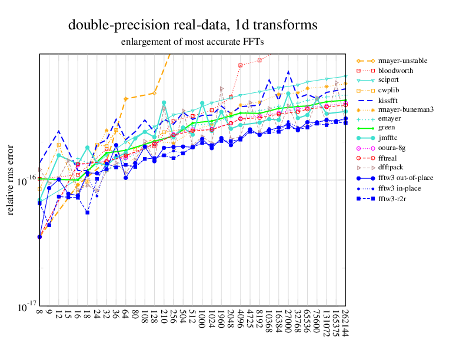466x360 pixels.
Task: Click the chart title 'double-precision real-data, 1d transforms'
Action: [192, 25]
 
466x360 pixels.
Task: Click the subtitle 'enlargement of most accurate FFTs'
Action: [192, 42]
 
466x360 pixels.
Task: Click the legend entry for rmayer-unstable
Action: [402, 61]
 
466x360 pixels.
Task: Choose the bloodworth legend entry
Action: [395, 70]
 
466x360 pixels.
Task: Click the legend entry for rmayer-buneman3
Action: [405, 108]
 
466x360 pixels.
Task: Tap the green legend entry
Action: [386, 127]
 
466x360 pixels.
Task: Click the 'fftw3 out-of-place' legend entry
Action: [406, 178]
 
